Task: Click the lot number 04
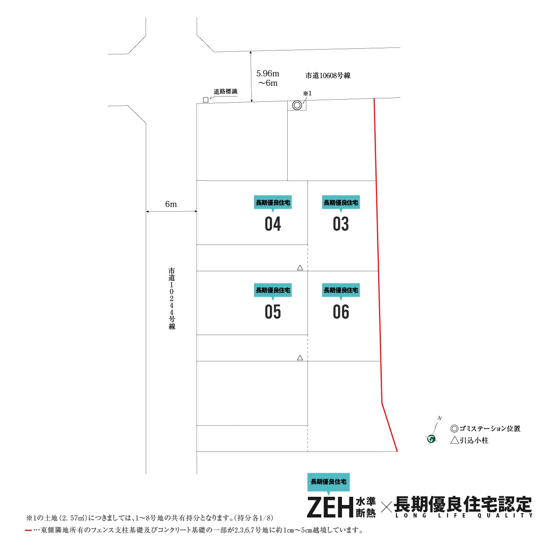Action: click(273, 224)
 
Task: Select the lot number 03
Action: click(341, 224)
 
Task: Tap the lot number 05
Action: click(273, 312)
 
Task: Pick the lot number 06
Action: click(341, 312)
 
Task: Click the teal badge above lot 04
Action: click(273, 203)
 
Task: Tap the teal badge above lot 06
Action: click(341, 291)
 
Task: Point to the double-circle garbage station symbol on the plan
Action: click(297, 105)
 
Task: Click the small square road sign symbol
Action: click(205, 100)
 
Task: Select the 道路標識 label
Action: click(226, 92)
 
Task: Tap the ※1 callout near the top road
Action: click(307, 94)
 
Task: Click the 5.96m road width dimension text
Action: click(267, 74)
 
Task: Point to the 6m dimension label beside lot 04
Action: click(171, 204)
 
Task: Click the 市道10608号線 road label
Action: click(328, 75)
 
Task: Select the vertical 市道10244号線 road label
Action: click(172, 299)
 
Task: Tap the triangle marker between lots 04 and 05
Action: click(300, 268)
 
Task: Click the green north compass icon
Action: click(432, 439)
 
